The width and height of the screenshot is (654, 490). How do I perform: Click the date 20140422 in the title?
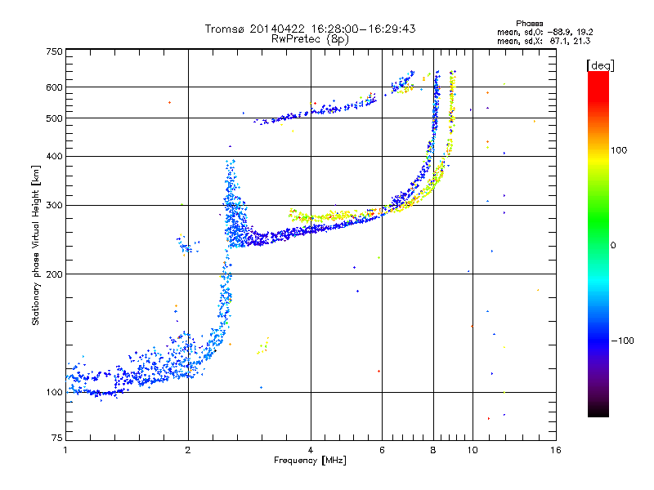[277, 29]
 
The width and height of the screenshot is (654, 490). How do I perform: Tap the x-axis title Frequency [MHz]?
[310, 461]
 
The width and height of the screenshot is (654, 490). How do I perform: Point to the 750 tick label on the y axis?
[54, 51]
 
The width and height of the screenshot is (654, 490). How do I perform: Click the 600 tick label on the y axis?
[54, 87]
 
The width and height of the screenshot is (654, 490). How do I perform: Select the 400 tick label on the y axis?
[54, 156]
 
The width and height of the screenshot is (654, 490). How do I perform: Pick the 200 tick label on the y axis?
[54, 274]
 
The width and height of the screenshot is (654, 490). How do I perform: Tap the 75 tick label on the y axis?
[57, 438]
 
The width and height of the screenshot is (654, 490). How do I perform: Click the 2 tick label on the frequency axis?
[188, 450]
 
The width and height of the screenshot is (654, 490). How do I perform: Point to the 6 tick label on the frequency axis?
[382, 450]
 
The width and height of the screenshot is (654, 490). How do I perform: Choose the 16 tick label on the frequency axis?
[556, 450]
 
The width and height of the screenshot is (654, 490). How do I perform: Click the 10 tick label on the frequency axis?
[473, 450]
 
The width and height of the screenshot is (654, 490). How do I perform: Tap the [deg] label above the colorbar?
[600, 65]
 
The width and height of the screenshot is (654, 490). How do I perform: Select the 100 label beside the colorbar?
[619, 150]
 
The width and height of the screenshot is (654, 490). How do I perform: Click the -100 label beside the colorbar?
[622, 341]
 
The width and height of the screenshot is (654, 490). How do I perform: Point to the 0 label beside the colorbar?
[613, 246]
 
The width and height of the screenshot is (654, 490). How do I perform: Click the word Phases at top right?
[529, 24]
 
